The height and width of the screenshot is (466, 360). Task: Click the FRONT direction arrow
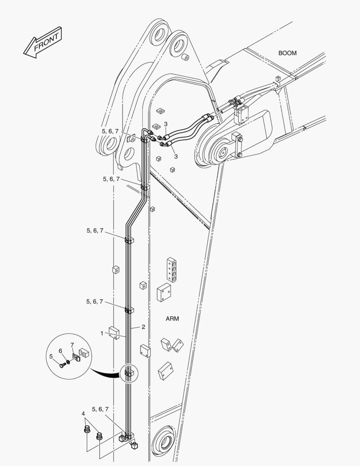point(43,42)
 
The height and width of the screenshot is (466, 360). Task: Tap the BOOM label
point(287,53)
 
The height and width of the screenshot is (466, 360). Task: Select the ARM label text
point(172,318)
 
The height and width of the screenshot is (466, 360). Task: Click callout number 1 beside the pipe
point(102,334)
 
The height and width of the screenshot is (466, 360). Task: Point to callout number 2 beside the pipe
point(143,327)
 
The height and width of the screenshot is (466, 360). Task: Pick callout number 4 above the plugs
point(83,414)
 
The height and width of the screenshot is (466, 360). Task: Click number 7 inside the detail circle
point(72,345)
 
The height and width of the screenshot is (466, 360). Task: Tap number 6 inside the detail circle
point(60,351)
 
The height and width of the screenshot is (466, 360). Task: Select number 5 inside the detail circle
point(51,356)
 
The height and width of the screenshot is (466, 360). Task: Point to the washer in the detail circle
point(68,362)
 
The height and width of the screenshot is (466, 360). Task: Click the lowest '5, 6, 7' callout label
point(100,409)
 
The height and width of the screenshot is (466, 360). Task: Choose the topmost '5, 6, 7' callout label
point(110,131)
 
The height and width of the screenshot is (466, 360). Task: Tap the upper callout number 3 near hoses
point(166,124)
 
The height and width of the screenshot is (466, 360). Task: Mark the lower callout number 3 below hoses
point(176,156)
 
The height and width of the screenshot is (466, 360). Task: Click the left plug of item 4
point(86,430)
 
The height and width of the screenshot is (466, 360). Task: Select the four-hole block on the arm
point(172,270)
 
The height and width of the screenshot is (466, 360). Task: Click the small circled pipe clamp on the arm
point(129,373)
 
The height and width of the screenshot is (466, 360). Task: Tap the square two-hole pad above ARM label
point(164,293)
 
